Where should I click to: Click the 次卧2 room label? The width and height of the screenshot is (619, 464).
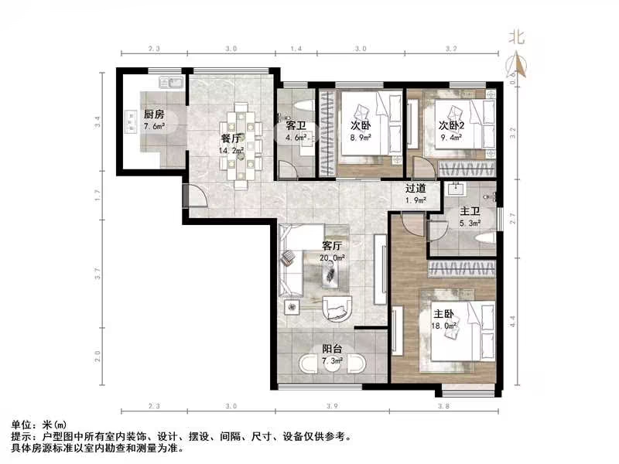[451, 125]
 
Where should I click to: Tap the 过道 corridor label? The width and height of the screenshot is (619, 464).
[416, 188]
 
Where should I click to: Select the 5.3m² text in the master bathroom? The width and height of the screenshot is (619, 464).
[470, 223]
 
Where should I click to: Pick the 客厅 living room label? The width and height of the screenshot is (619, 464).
[333, 246]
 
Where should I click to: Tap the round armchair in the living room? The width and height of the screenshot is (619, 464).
[337, 308]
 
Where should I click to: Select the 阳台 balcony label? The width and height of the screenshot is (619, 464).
[333, 349]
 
